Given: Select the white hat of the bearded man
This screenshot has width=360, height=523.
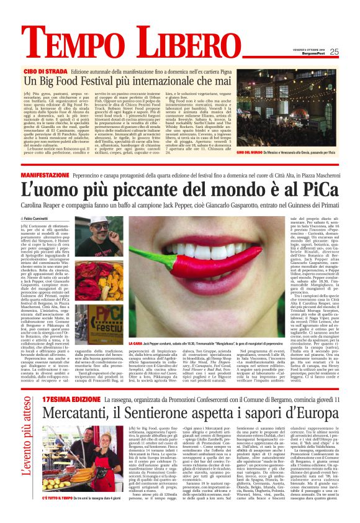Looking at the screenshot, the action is (106, 225).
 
